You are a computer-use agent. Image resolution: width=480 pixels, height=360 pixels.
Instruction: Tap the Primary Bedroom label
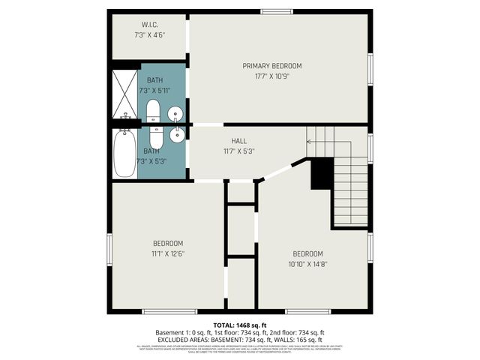pos(271,66)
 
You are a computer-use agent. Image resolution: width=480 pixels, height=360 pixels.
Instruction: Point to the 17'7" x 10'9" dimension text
pos(271,76)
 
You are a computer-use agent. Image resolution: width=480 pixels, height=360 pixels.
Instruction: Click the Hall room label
pos(238,140)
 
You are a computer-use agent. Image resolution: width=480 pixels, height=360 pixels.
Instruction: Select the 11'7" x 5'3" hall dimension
pos(238,150)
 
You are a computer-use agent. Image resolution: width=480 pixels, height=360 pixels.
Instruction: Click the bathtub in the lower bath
pos(124,154)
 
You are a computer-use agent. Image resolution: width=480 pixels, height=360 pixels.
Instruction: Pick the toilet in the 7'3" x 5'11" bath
pos(154,111)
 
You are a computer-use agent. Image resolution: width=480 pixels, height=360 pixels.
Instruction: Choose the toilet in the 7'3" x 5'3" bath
pos(156,136)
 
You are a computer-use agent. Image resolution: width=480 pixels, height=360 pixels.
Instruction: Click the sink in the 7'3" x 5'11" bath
pos(176,114)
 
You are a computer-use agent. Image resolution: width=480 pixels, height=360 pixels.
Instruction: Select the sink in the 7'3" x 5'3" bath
pos(177,135)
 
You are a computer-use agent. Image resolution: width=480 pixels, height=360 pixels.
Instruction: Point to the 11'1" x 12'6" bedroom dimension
pos(168,253)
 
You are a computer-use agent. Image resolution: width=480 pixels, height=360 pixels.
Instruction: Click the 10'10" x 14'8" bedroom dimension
pos(307,263)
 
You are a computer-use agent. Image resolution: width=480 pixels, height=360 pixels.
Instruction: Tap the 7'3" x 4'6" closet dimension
pos(149,34)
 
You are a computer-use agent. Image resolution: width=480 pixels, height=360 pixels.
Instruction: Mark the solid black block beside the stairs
pos(322,174)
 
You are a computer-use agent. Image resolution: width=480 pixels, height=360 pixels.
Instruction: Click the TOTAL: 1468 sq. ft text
pos(239,324)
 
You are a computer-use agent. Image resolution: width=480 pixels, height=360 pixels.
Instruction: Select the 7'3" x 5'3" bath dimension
pos(154,160)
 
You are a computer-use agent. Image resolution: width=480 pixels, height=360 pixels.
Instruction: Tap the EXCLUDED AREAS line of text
pos(239,339)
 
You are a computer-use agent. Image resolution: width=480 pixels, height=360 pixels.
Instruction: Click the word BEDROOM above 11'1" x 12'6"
pos(168,243)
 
